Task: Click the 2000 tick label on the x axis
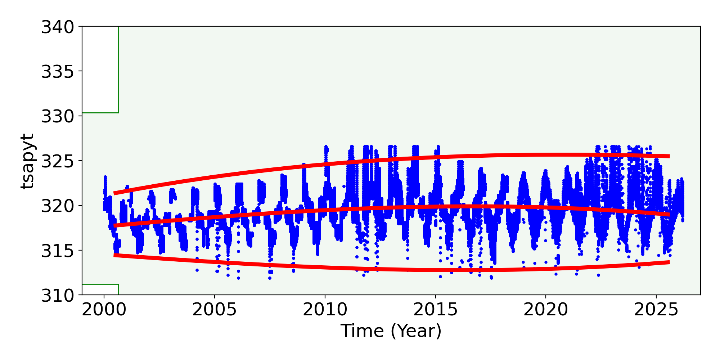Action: click(x=104, y=310)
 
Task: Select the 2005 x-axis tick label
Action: click(x=215, y=310)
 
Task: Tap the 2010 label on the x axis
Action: click(x=325, y=310)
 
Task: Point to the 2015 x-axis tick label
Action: click(x=435, y=310)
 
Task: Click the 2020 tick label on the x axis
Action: click(x=546, y=310)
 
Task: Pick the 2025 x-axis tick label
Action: click(x=656, y=310)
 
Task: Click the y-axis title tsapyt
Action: click(x=27, y=161)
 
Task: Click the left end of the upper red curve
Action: click(x=114, y=193)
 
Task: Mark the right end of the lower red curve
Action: click(x=669, y=262)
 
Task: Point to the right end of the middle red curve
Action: click(x=669, y=214)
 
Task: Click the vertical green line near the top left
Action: click(x=118, y=68)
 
